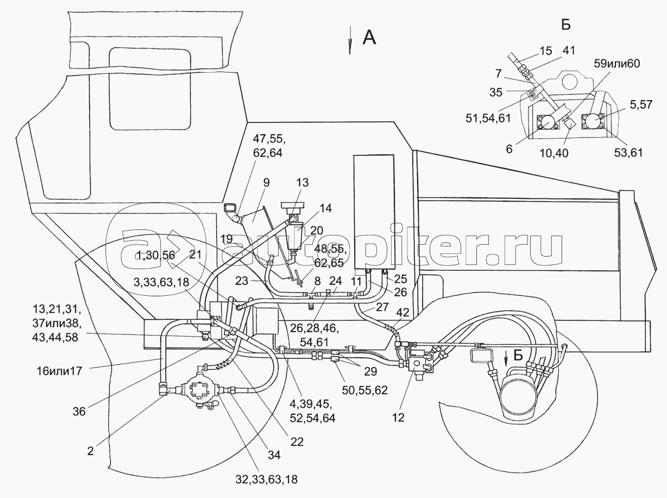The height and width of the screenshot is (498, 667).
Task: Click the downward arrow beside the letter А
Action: click(x=350, y=41)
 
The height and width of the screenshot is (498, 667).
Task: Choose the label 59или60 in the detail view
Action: click(x=617, y=63)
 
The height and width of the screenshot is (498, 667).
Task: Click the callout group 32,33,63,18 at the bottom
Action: click(x=266, y=480)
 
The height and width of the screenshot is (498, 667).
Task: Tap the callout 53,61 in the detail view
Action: click(x=628, y=154)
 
